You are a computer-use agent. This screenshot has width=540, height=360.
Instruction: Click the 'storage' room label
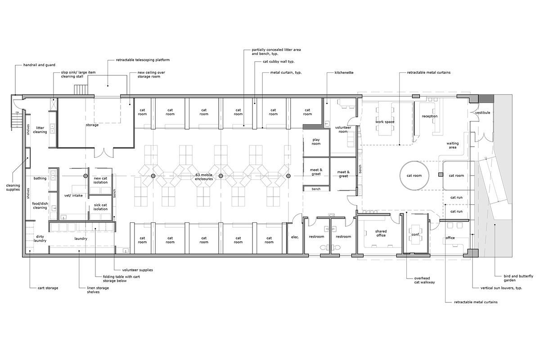[92, 125]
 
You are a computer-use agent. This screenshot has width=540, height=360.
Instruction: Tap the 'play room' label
[316, 142]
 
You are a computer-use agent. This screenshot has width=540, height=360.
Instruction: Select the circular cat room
[414, 175]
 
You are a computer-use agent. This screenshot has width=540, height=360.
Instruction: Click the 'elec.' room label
[295, 237]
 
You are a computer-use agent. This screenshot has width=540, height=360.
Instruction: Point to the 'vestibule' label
[482, 112]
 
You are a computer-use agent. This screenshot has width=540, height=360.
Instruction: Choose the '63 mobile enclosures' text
[204, 177]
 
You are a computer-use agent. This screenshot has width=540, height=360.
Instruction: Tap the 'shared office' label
[381, 233]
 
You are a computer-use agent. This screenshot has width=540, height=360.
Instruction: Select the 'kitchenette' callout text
[344, 72]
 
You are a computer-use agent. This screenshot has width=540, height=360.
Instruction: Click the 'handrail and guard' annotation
[39, 65]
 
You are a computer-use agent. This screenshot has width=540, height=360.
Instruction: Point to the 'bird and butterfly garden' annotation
[518, 278]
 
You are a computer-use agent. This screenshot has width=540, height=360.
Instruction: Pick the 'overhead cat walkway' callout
[424, 280]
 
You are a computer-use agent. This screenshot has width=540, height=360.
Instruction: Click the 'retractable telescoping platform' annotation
[143, 60]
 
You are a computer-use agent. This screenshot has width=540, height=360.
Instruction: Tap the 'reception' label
[430, 116]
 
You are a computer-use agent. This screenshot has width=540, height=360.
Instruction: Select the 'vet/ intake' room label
[73, 195]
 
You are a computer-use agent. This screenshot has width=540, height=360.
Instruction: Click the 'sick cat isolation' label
[100, 207]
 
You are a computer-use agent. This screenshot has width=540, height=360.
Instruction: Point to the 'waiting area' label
[453, 145]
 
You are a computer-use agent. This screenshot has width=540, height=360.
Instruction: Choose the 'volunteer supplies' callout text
[137, 270]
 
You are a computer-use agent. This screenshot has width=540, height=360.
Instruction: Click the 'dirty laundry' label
[40, 238]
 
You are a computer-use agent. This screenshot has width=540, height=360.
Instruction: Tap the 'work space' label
[385, 122]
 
